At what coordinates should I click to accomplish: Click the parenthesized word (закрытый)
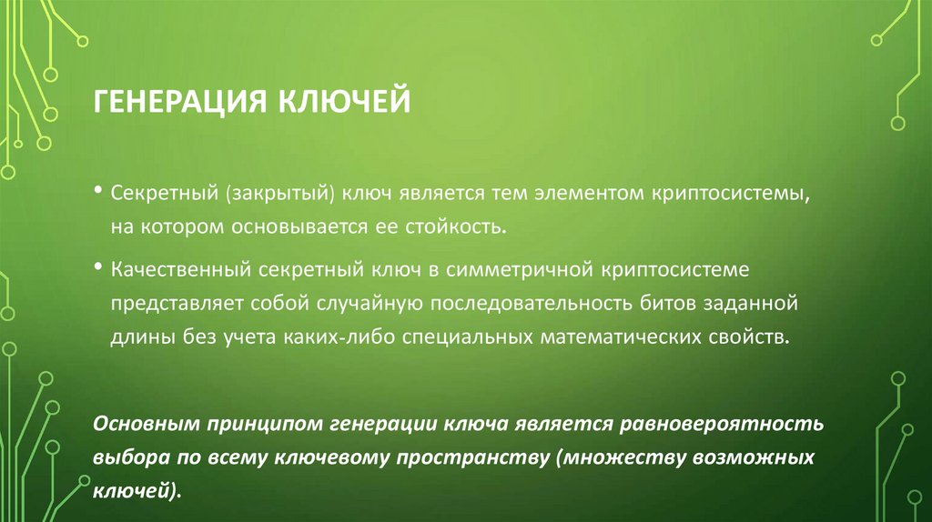(x=283, y=195)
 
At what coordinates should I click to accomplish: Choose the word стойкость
(x=459, y=224)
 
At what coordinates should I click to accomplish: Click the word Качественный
(x=180, y=270)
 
